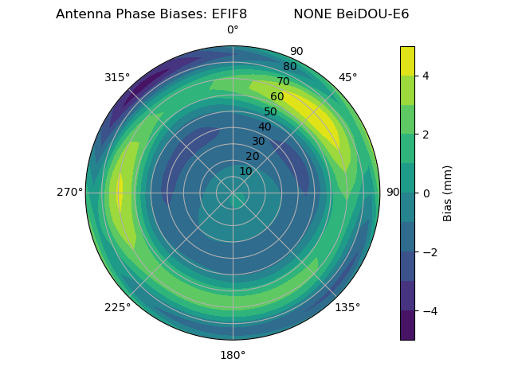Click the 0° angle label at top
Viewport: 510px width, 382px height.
pyautogui.click(x=233, y=30)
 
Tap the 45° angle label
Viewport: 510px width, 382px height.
pyautogui.click(x=347, y=77)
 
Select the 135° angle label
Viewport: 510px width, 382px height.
pyautogui.click(x=347, y=307)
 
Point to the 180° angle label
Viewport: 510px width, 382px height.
pyautogui.click(x=233, y=355)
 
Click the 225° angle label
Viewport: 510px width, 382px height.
pyautogui.click(x=117, y=307)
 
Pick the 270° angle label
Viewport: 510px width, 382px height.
pyautogui.click(x=69, y=193)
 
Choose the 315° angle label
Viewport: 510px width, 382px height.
pyautogui.click(x=117, y=77)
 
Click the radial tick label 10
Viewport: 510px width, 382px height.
pyautogui.click(x=246, y=171)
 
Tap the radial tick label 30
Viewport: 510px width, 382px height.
pyautogui.click(x=258, y=141)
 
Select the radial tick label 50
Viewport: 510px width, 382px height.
pyautogui.click(x=271, y=111)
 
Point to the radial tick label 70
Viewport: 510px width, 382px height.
pyautogui.click(x=284, y=81)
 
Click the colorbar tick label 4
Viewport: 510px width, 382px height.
pyautogui.click(x=426, y=76)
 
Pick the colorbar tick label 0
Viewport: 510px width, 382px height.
pyautogui.click(x=426, y=193)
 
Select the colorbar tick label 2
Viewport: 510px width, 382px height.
pyautogui.click(x=426, y=134)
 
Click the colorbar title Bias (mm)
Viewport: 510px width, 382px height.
pyautogui.click(x=448, y=193)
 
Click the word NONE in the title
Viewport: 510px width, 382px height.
pyautogui.click(x=312, y=14)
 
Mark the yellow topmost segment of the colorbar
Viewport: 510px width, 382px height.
pyautogui.click(x=407, y=60)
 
